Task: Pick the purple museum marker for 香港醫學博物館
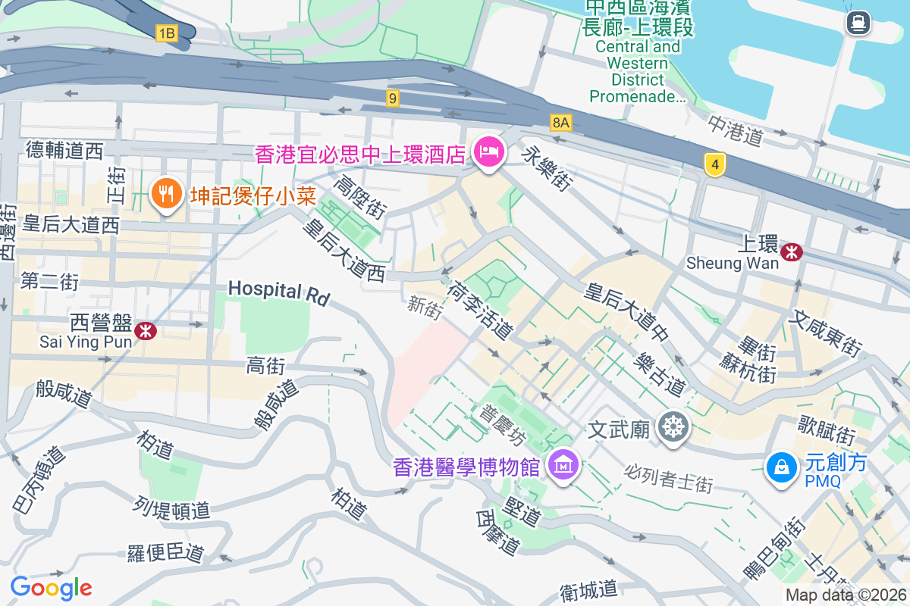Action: click(x=563, y=464)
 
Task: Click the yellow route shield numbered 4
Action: click(x=714, y=164)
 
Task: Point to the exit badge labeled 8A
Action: click(x=560, y=122)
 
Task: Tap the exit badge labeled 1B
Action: click(x=166, y=33)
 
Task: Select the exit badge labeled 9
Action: click(x=392, y=98)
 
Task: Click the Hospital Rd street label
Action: click(x=279, y=293)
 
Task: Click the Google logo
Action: click(x=51, y=588)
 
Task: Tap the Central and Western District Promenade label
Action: click(x=638, y=72)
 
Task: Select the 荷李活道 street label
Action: click(x=480, y=310)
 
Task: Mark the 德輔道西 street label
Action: click(x=64, y=151)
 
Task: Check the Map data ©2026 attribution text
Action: click(x=846, y=595)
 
